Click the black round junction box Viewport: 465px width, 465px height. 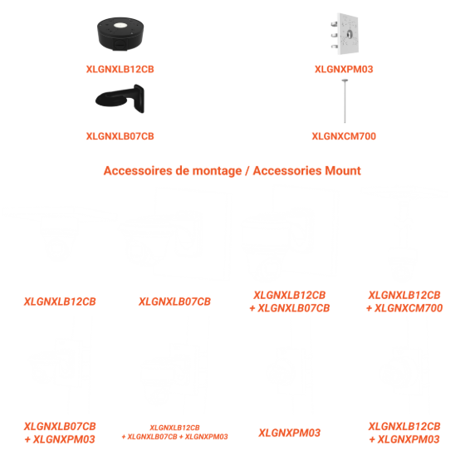coord(120,34)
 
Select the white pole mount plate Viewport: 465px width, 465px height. coord(345,34)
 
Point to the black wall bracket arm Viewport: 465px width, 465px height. coord(120,99)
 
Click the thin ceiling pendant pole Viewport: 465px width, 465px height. coord(345,100)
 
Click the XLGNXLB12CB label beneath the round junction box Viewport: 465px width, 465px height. coord(120,69)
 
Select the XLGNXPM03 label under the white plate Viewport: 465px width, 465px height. coord(344,69)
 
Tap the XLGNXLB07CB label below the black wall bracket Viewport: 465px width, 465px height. coord(120,136)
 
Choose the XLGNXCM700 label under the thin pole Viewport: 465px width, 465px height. coord(344,136)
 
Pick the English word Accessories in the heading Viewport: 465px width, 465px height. coord(287,171)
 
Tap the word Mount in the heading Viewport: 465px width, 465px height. coord(343,171)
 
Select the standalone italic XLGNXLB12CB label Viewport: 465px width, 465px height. coord(60,301)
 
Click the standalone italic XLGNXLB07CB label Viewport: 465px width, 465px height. coord(174,301)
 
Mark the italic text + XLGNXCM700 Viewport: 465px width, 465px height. coord(404,308)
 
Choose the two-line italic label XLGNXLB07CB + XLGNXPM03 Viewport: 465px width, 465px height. coord(60,433)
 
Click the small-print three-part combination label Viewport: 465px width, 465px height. coord(174,432)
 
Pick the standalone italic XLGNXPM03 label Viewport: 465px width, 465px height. coord(290,433)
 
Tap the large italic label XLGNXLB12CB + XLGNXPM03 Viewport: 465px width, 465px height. coord(404,433)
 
